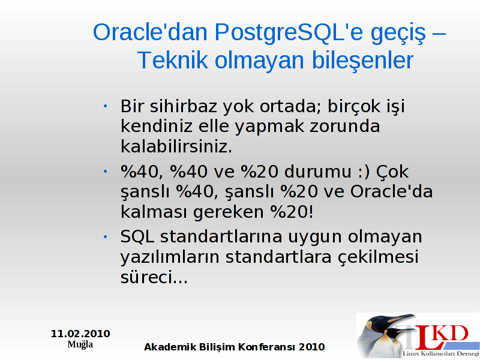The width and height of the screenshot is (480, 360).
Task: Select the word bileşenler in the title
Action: (x=362, y=61)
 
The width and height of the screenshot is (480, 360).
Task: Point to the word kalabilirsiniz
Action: (x=176, y=146)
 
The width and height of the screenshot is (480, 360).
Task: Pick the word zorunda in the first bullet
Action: (x=344, y=126)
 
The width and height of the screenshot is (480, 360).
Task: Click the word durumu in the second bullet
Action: (x=318, y=172)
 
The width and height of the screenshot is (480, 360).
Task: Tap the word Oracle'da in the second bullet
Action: (x=392, y=191)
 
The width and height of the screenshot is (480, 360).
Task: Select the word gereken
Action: (x=229, y=212)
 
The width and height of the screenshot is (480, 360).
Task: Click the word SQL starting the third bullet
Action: (x=137, y=236)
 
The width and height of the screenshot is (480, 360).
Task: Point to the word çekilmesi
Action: (x=378, y=257)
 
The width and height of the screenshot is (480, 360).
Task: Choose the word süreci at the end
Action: (x=154, y=277)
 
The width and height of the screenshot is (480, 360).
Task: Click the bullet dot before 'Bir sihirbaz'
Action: (x=106, y=106)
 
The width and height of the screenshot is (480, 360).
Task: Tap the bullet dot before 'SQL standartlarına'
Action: (x=106, y=236)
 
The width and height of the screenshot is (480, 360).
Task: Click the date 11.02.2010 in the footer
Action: (x=80, y=334)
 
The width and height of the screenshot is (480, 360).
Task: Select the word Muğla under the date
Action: (x=80, y=344)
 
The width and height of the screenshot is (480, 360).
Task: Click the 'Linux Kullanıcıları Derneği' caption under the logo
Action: (x=441, y=353)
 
